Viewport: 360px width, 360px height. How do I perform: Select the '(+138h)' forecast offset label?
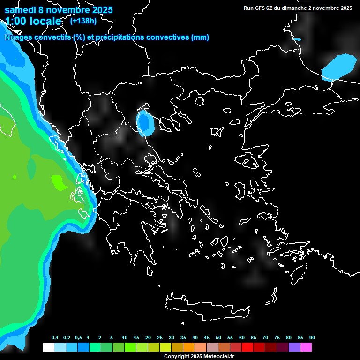83,21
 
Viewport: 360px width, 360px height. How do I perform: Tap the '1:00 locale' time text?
33,21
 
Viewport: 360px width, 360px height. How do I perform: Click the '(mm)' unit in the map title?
200,37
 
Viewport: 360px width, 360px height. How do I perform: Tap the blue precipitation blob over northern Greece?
146,123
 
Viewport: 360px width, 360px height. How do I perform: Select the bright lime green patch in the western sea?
59,182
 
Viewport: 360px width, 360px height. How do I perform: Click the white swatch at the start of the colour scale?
48,347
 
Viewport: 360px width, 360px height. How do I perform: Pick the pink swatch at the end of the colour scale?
306,347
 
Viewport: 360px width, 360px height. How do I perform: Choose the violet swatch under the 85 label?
294,347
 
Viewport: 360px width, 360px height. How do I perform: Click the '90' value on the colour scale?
312,338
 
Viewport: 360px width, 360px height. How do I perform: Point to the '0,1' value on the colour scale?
55,338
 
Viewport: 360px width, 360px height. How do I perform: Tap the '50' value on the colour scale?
218,338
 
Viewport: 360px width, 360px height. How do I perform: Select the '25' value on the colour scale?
160,338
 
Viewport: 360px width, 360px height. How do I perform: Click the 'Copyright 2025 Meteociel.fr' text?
199,357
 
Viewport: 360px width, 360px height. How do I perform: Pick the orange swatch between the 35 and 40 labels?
189,347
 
